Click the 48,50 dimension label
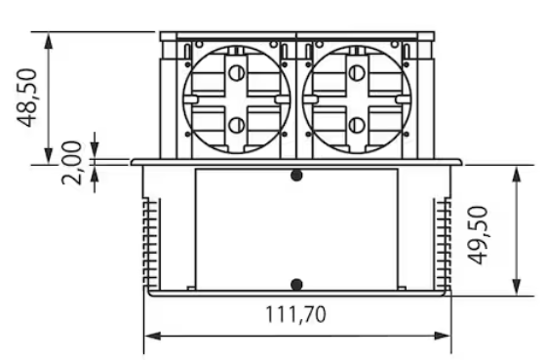[x=26, y=99]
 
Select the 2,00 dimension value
[x=72, y=163]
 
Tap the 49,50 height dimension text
[x=477, y=235]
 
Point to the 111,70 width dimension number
[x=295, y=314]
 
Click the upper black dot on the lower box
[x=296, y=176]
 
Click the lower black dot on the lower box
[x=296, y=285]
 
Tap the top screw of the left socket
[x=237, y=73]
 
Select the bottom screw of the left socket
[x=237, y=125]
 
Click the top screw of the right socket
[x=356, y=73]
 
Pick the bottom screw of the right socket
[x=356, y=125]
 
